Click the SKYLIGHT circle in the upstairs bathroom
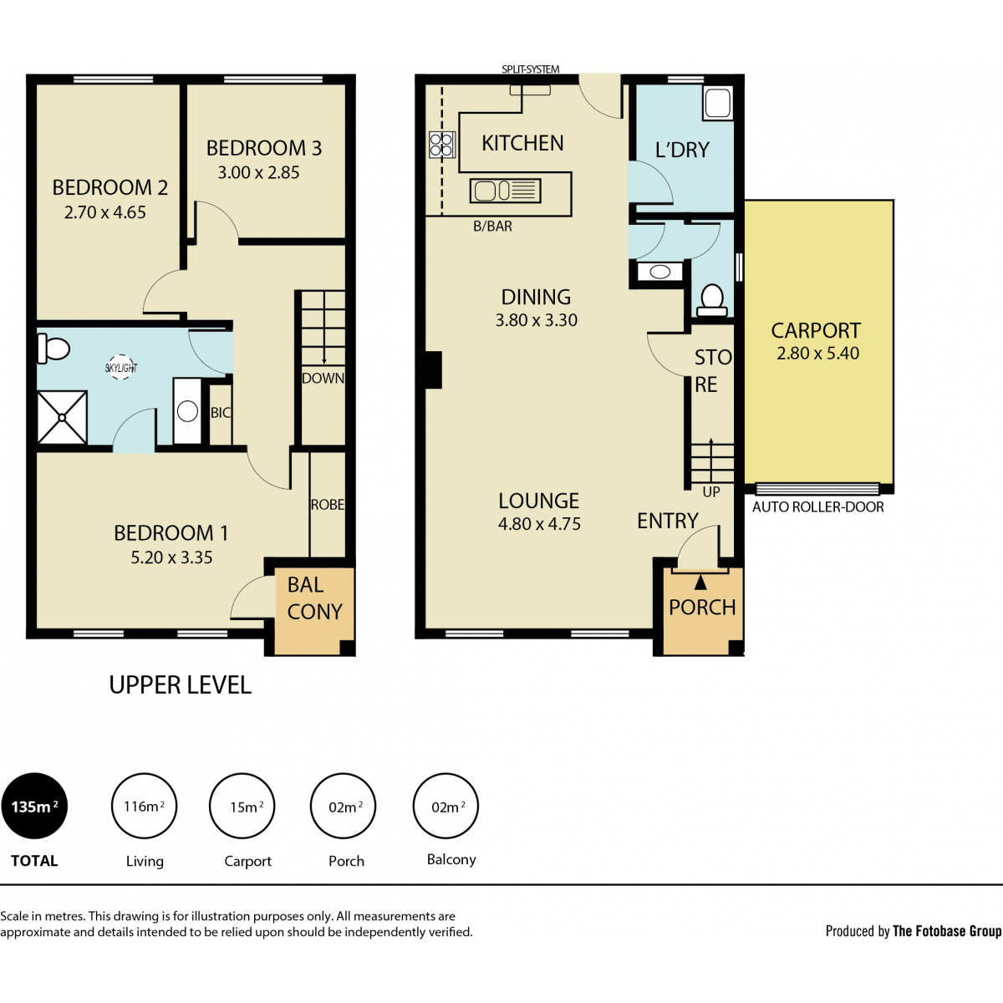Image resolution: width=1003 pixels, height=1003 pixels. [120, 368]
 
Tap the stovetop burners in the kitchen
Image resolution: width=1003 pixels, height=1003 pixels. [441, 145]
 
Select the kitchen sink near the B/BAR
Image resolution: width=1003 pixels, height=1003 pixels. [506, 191]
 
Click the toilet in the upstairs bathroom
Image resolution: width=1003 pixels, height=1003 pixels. [53, 349]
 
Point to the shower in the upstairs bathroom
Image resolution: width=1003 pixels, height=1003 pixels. [62, 417]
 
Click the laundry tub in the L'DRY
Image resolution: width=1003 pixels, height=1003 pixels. [717, 103]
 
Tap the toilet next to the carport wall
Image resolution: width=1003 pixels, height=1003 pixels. [711, 300]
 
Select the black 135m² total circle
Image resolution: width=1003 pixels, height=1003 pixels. [34, 807]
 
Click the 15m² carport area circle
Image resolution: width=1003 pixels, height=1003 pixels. [242, 807]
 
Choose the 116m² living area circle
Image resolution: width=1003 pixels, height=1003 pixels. [144, 807]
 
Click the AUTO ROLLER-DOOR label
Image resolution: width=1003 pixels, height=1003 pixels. [817, 507]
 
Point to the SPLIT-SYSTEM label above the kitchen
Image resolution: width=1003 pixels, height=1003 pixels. [531, 69]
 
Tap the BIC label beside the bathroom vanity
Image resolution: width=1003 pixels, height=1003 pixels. [221, 413]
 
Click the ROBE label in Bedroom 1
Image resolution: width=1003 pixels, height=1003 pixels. [328, 504]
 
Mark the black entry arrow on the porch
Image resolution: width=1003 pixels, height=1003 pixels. [700, 582]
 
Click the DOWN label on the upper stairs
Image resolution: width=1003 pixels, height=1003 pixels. [323, 378]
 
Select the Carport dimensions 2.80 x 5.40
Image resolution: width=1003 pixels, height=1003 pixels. [817, 354]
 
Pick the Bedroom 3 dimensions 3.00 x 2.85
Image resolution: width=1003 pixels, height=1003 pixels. [258, 173]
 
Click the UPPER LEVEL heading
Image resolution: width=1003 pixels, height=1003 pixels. [180, 685]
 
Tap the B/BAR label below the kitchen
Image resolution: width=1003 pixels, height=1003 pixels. [492, 226]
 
